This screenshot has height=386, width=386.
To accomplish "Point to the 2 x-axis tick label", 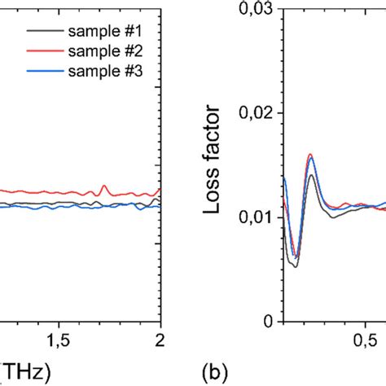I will point(160,339).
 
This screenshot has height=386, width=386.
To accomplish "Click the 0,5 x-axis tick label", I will point(371,339).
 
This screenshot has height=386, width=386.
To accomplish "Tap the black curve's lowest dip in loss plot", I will point(296,266).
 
